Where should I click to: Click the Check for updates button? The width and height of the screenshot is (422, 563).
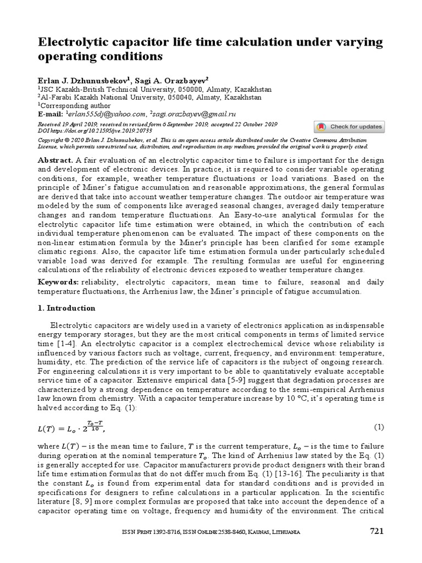(349, 127)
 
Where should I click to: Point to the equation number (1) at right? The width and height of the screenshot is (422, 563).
(379, 427)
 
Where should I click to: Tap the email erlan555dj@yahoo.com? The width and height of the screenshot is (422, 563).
(108, 114)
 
